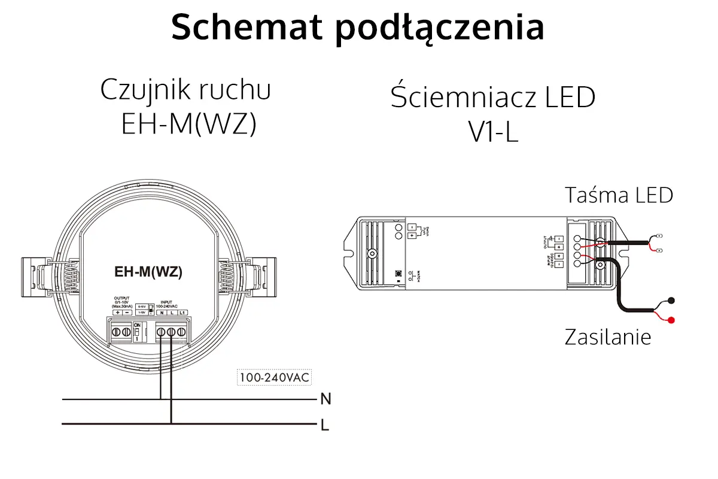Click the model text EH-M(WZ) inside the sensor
pos(148,272)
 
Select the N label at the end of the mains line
pos(325,399)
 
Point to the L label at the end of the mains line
pos(325,425)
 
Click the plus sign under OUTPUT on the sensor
pos(117,313)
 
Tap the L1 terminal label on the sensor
pos(182,313)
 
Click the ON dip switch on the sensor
pos(137,331)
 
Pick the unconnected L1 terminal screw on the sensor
pos(181,331)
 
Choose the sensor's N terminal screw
pos(160,331)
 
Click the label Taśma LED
pos(619,195)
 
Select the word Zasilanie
pos(607,337)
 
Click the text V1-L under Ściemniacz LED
pos(493,133)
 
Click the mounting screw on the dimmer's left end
pos(372,253)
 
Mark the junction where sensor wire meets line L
pos(171,425)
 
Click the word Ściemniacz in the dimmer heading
pos(455,97)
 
